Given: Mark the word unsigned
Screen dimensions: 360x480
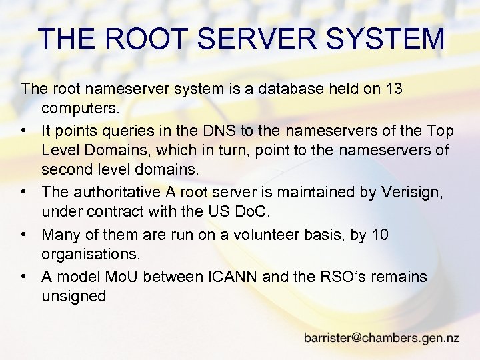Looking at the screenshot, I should tap(73, 296).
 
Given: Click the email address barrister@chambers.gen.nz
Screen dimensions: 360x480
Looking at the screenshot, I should tap(381, 337).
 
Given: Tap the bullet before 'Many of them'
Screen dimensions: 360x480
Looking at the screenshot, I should tap(25, 235).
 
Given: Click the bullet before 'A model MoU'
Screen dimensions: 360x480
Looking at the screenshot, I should tap(25, 276).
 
